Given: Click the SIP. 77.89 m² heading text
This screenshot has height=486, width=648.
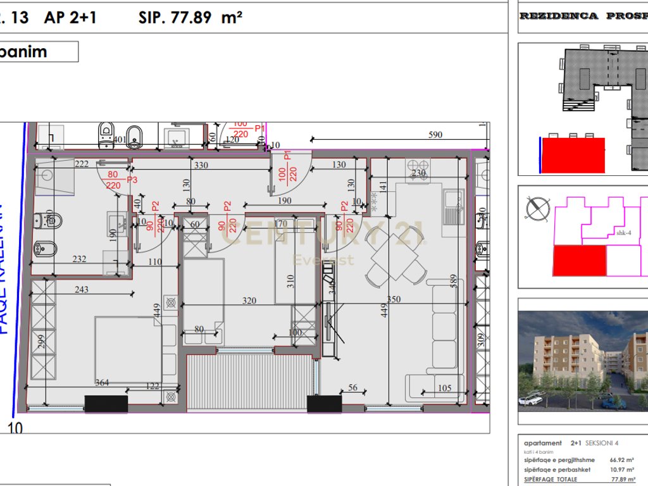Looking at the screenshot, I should click(190, 17).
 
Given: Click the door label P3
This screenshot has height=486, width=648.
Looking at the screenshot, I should click(132, 180).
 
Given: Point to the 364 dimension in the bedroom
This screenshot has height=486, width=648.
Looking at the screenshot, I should click(101, 382).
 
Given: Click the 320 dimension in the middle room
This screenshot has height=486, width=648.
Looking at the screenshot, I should click(249, 301).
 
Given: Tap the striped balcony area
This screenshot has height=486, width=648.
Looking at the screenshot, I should click(250, 382).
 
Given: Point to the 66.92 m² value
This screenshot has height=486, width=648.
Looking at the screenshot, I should click(622, 461).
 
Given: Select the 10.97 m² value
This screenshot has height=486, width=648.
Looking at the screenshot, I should click(622, 470).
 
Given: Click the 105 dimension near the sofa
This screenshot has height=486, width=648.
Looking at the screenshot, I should click(444, 388).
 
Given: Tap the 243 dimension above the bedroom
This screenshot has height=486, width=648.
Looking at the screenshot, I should click(82, 290).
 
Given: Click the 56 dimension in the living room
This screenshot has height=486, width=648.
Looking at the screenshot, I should click(353, 388).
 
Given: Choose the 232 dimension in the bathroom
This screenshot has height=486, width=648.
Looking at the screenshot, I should click(79, 258).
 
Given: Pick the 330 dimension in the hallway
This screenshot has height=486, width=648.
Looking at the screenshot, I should click(201, 165).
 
